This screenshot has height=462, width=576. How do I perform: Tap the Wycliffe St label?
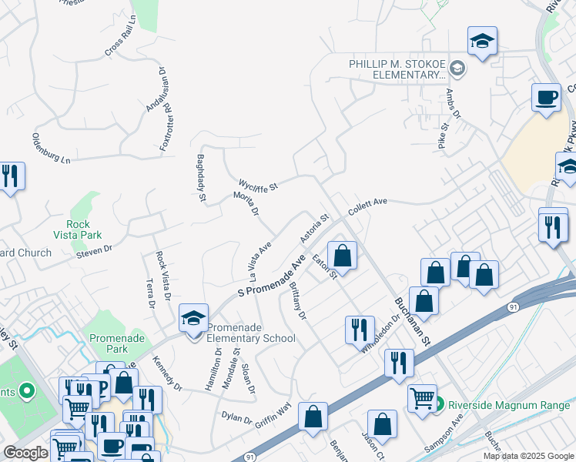click(x=258, y=185)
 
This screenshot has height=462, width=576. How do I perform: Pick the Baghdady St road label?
click(x=201, y=177)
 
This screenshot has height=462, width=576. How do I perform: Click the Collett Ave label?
click(x=367, y=206)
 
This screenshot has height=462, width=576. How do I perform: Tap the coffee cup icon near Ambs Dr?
click(x=546, y=98)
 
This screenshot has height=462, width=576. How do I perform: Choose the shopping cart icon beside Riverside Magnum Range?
click(x=422, y=399)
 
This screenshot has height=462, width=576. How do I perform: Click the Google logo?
click(x=26, y=452)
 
